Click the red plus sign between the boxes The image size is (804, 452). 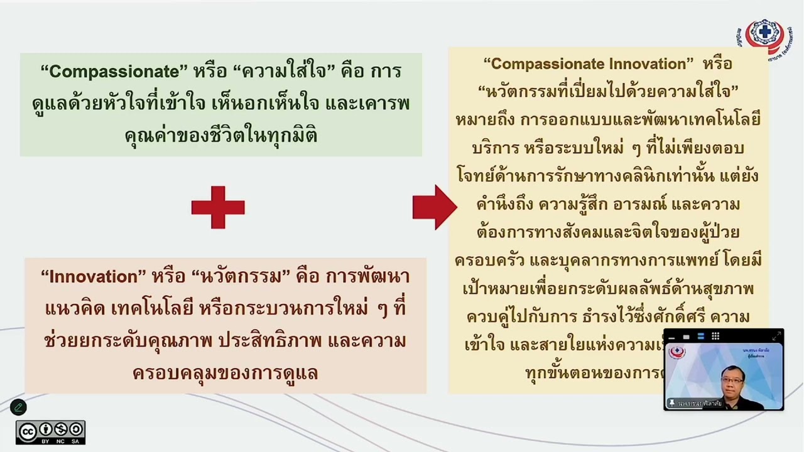[218, 207]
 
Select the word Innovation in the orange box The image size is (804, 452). [92, 277]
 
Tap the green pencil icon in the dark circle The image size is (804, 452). [18, 407]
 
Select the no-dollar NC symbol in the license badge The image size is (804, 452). [60, 429]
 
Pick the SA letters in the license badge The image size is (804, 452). [76, 441]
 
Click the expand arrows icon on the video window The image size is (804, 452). [776, 336]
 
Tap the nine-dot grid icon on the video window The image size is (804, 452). [715, 336]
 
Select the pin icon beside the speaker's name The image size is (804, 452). [671, 402]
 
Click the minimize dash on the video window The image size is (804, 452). [671, 337]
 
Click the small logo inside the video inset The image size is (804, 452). [678, 353]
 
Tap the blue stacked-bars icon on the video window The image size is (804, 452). [701, 336]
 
